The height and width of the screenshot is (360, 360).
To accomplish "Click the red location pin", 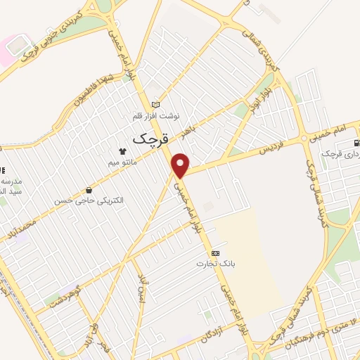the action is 181,165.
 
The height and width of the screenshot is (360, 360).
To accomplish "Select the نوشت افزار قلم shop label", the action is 156,115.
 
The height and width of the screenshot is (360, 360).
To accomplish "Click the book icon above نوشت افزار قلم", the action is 156,104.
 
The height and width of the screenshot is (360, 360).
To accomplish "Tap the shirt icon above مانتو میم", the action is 123,150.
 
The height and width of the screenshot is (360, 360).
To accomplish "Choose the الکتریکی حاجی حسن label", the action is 89,200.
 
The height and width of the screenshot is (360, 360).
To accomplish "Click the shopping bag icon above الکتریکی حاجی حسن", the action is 89,190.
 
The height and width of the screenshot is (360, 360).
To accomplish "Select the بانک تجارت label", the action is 214,264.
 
